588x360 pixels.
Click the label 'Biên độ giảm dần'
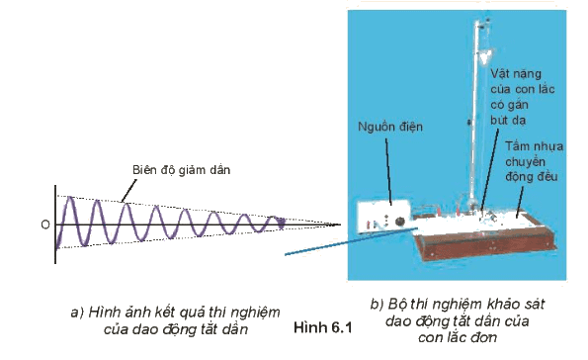[x=181, y=170]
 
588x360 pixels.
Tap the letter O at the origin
[x=45, y=225]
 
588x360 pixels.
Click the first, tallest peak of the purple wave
[x=70, y=198]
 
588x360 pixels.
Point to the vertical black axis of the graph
[x=55, y=225]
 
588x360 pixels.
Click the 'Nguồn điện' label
[x=390, y=127]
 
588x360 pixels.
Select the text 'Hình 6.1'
[x=323, y=327]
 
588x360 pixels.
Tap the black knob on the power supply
[x=400, y=222]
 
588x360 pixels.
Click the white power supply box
[x=382, y=218]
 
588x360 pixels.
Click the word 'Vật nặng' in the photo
[x=516, y=74]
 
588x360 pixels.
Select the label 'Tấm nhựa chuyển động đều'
[x=534, y=161]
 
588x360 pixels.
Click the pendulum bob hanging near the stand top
[x=485, y=55]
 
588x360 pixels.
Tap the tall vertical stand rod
[x=475, y=113]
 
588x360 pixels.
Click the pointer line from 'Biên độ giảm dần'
[x=128, y=191]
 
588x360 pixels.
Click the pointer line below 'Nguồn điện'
[x=389, y=172]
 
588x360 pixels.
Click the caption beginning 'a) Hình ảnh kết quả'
[x=176, y=320]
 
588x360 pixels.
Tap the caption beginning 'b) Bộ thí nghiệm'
[x=458, y=320]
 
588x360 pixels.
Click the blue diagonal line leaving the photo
[x=351, y=241]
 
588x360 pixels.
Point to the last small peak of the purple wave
[x=274, y=218]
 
